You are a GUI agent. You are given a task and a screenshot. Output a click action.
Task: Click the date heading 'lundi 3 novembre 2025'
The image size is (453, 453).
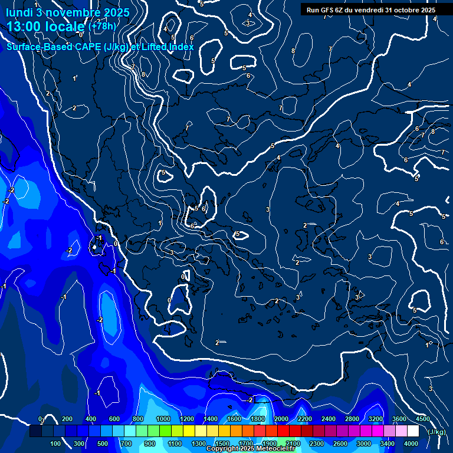click(x=68, y=12)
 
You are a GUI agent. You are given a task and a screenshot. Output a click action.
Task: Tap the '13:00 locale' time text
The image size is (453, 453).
click(x=46, y=27)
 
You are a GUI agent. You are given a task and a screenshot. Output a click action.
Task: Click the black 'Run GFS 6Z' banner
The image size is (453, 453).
click(x=371, y=10)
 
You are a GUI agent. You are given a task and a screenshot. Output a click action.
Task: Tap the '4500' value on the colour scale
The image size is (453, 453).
click(x=422, y=419)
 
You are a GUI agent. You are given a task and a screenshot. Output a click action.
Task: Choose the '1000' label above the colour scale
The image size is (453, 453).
click(x=163, y=419)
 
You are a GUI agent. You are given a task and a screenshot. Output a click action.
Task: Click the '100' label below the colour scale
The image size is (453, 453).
click(x=56, y=444)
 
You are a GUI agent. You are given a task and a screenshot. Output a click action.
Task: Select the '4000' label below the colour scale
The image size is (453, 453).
click(x=411, y=444)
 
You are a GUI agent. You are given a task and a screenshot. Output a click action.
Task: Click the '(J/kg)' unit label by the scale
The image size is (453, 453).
click(x=437, y=432)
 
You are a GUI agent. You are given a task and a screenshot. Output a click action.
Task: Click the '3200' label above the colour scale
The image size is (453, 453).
click(x=376, y=419)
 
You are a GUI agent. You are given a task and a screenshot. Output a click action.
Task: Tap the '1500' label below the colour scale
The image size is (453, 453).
click(x=222, y=444)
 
